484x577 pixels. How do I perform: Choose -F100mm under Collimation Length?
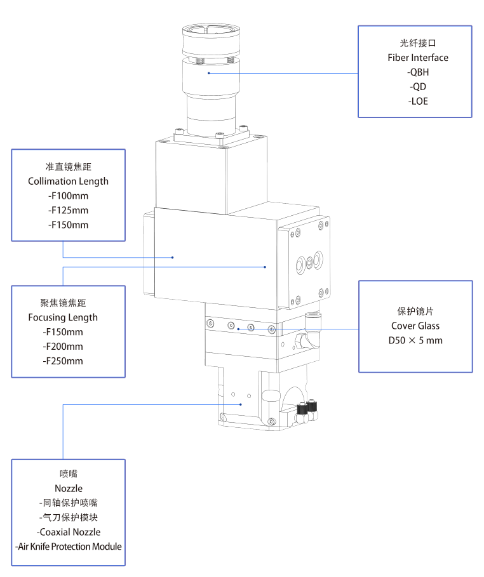(68, 196)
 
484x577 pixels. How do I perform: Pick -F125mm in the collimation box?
(68, 210)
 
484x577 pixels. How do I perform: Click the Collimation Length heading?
(68, 181)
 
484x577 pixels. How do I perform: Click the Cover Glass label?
(415, 326)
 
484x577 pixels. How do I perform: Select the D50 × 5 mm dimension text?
(415, 341)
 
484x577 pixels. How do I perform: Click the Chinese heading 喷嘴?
(68, 474)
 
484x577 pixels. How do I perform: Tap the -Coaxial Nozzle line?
(69, 532)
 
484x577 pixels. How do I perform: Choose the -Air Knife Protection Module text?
(68, 547)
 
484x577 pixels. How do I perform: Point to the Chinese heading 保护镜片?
(415, 312)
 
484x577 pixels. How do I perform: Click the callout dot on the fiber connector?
(208, 73)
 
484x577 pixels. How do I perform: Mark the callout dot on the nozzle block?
(241, 404)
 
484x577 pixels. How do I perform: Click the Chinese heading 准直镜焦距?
(68, 166)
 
